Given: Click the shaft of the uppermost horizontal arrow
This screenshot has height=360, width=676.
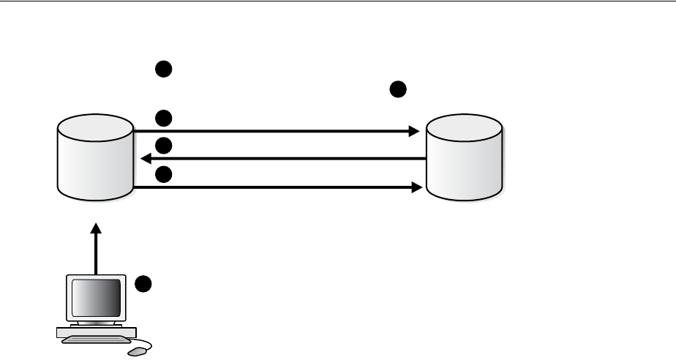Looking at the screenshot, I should [271, 132].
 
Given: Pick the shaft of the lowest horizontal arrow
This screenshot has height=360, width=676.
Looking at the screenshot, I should [271, 187].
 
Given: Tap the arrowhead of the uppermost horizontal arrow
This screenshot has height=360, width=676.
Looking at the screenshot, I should [414, 132].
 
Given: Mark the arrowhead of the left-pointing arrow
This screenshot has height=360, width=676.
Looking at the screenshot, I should [145, 158].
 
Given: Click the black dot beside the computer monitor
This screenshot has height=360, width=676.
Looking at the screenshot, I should [145, 283].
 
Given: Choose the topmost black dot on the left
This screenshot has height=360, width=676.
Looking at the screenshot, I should [163, 70].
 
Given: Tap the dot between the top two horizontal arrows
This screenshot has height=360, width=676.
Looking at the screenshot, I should [163, 145].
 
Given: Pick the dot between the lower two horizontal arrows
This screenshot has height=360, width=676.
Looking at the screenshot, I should [163, 174].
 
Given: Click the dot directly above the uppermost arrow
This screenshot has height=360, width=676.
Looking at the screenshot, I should [163, 117].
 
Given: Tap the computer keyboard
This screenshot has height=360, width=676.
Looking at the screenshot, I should [95, 334].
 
